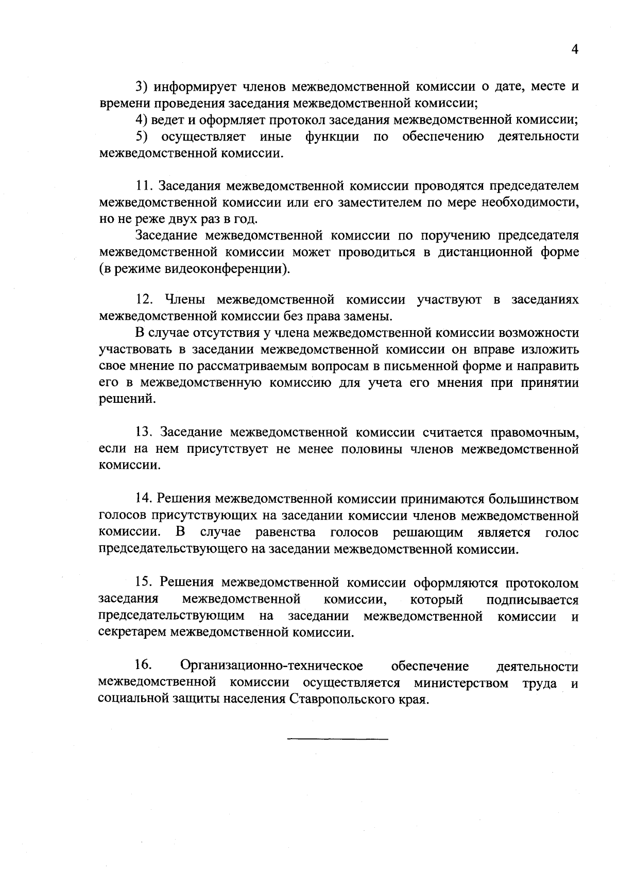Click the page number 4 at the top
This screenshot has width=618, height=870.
[x=575, y=50]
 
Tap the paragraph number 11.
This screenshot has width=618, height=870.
[x=143, y=185]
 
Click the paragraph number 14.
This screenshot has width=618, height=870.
[x=143, y=499]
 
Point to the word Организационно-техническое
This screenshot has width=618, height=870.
[x=272, y=667]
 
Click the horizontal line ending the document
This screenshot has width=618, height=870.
[x=337, y=740]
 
